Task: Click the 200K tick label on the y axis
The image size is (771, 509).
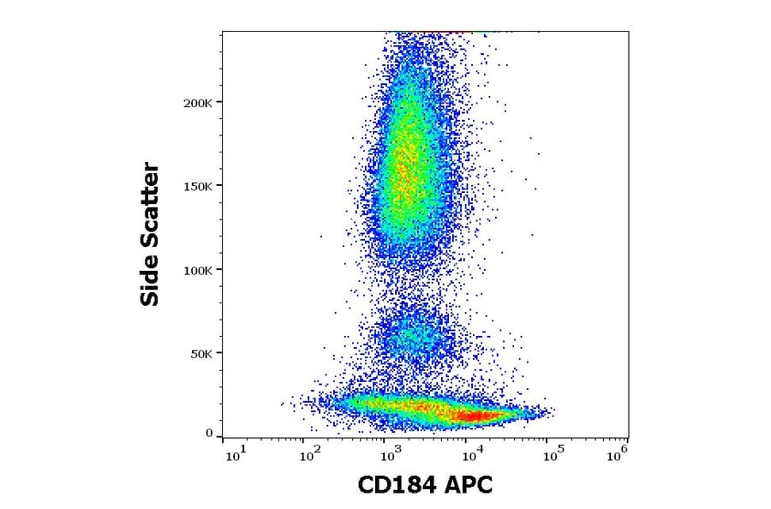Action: coord(198,103)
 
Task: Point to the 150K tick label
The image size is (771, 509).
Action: coord(198,186)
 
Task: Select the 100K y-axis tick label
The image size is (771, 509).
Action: coord(198,270)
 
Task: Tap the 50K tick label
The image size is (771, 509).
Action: coord(201,353)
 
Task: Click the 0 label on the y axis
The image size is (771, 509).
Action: coord(209,434)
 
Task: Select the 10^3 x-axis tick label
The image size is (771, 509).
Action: coord(391,455)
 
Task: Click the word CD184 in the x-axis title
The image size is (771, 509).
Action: coord(397,486)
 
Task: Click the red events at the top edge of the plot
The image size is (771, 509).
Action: coord(445,33)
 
